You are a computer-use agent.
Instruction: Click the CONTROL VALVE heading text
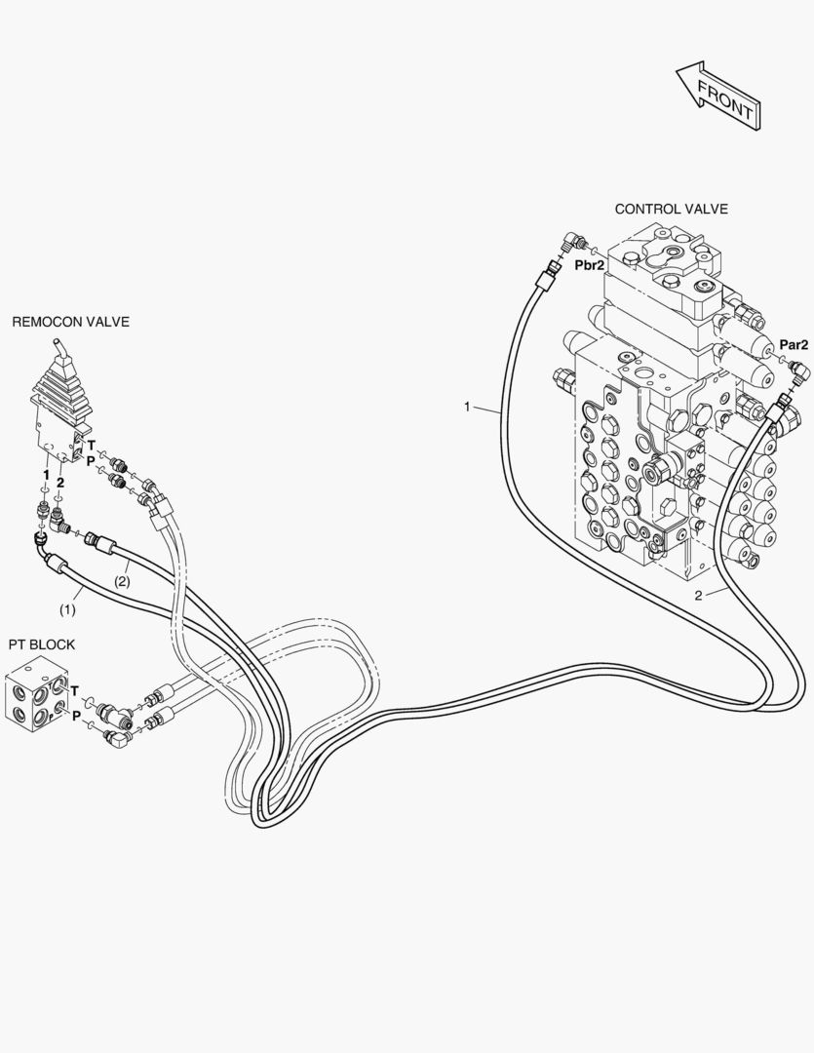point(671,209)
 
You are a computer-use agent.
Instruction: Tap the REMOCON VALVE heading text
point(70,322)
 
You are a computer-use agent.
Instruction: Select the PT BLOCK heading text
point(42,644)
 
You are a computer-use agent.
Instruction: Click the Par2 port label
point(793,344)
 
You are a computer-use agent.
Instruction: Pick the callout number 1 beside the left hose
point(467,406)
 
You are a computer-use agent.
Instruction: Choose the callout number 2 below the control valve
point(698,595)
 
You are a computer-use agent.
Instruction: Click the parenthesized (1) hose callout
point(66,608)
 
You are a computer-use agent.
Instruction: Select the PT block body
point(37,697)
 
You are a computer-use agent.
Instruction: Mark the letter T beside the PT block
point(74,691)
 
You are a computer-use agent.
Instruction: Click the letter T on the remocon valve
point(90,445)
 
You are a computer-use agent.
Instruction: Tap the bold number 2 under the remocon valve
point(60,483)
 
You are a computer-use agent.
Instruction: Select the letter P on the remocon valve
point(90,460)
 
